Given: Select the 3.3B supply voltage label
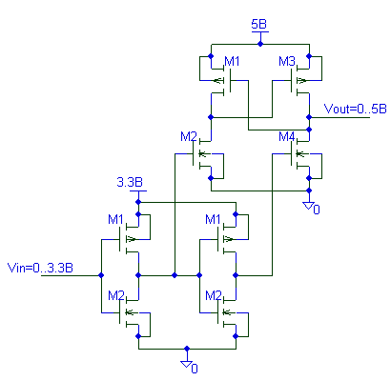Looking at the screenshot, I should [x=130, y=181].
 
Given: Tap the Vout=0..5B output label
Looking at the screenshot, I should [x=356, y=109].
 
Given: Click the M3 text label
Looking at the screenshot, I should [x=287, y=62].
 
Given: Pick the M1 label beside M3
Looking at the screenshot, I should [x=232, y=62].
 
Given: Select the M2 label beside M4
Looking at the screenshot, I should [x=190, y=137].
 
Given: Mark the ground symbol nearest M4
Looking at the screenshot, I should [x=308, y=203].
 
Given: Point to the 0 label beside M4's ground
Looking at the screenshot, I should [x=318, y=210].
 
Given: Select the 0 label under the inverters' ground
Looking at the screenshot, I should [x=195, y=368].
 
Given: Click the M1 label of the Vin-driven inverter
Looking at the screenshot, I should [x=115, y=220].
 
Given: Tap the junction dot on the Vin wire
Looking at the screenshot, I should [x=100, y=274].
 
